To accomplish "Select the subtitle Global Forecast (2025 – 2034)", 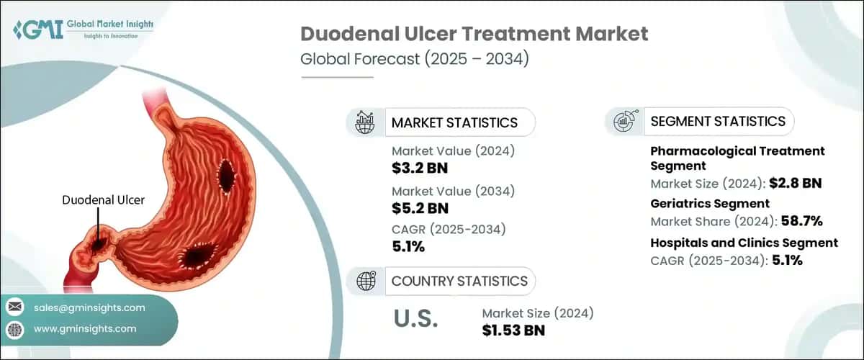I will click(415, 59).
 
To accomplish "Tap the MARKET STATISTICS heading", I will click(454, 122).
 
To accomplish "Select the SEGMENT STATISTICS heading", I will click(718, 121).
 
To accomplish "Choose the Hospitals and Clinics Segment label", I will click(744, 243).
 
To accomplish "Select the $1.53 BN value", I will click(513, 330).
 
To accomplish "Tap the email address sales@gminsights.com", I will click(89, 307).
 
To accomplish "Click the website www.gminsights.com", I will click(85, 328).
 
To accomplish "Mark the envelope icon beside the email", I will click(14, 307).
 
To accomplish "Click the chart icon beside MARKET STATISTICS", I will click(365, 122).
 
